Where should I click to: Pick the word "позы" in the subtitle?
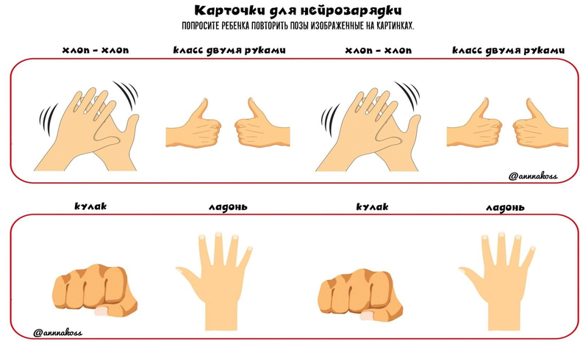tap(300, 26)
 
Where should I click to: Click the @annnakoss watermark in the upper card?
tap(533, 176)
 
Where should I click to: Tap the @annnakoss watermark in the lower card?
tap(57, 332)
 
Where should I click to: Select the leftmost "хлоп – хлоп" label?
tap(96, 50)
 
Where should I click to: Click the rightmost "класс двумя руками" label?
tap(508, 51)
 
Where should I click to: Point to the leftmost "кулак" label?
tap(90, 206)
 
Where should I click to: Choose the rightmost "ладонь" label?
tap(505, 207)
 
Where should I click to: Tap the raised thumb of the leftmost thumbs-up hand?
tap(201, 108)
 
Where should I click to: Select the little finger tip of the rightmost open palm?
tap(532, 248)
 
